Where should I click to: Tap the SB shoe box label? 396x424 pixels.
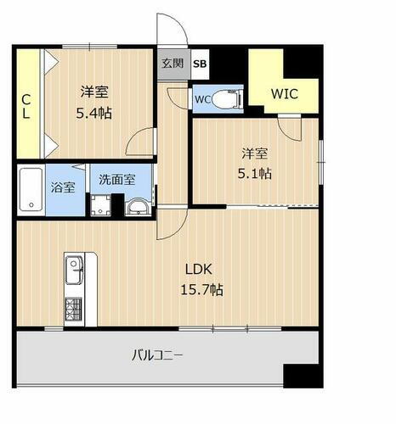click(x=199, y=63)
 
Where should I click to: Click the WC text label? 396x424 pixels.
click(x=203, y=99)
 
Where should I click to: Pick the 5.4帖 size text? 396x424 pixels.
click(x=94, y=111)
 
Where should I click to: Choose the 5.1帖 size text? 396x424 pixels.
click(x=255, y=173)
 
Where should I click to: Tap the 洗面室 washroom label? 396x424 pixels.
click(x=113, y=180)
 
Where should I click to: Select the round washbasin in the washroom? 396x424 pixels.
click(x=136, y=206)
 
